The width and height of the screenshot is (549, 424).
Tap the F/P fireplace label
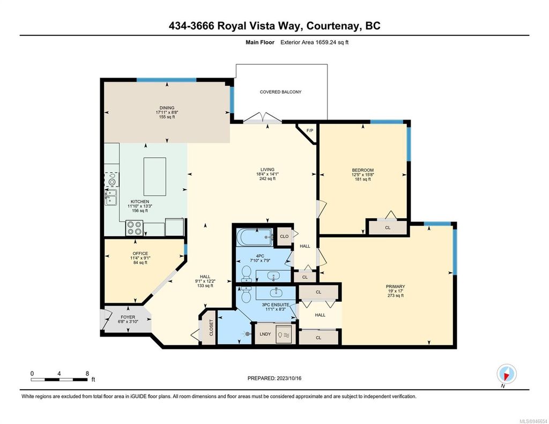pos(309,131)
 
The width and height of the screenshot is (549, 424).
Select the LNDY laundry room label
pos(265,333)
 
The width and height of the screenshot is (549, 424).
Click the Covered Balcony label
pos(280,92)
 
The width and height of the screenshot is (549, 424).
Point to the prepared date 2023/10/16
pos(274,378)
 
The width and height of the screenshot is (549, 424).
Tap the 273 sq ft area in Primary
pos(396,295)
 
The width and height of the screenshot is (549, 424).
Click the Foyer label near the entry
pos(128,317)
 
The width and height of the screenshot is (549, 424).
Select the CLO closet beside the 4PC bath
pos(284,236)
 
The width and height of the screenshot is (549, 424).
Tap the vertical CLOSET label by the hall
pos(211,328)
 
